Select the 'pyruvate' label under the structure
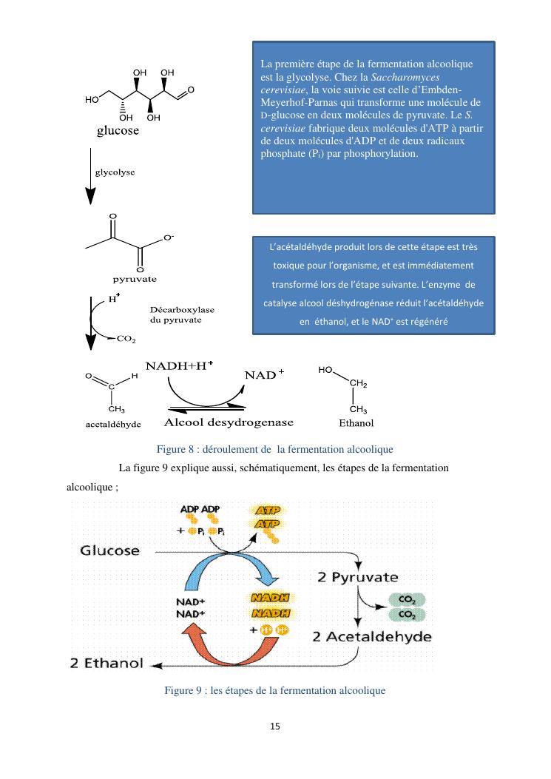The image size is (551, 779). (x=134, y=280)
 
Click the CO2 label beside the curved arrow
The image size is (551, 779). (x=126, y=340)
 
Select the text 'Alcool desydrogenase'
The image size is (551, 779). (x=218, y=422)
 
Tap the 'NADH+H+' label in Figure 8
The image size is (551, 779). (x=179, y=366)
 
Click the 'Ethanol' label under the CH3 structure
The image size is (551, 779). (x=356, y=424)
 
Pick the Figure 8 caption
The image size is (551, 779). (x=274, y=449)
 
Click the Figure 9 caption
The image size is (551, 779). (x=274, y=690)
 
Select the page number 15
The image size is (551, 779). (x=275, y=726)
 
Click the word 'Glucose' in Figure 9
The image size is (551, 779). (x=110, y=550)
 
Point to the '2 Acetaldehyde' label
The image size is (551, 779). (x=373, y=636)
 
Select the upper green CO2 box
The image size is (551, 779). (x=406, y=600)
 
